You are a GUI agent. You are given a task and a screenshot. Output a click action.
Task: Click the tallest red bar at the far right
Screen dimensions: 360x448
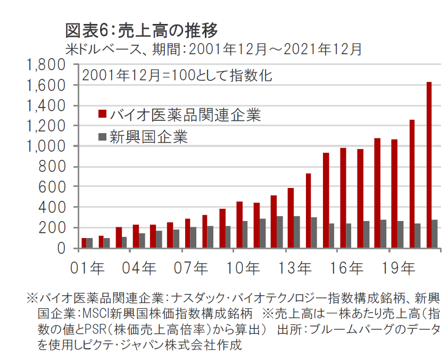(429, 165)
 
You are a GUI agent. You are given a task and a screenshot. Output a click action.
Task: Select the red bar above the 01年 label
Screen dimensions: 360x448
(84, 243)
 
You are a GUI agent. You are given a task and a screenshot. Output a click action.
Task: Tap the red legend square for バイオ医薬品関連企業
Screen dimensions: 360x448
(103, 114)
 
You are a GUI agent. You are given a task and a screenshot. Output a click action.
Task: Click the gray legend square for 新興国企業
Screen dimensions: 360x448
(103, 137)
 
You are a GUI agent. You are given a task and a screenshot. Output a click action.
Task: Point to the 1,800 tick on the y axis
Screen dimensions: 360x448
(45, 65)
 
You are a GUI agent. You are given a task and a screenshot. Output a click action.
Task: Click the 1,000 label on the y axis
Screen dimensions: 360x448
(45, 146)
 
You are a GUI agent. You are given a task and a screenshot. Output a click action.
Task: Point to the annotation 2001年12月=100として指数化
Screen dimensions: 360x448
(177, 75)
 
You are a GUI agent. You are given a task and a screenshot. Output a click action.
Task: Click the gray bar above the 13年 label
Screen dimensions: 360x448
(296, 232)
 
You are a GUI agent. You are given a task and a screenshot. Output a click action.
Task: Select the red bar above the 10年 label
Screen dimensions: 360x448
(239, 225)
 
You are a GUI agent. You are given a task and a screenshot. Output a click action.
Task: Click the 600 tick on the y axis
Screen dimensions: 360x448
(51, 187)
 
